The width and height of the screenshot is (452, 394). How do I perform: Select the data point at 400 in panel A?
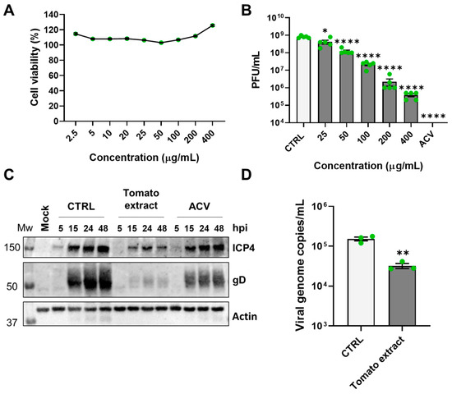coord(212,25)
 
